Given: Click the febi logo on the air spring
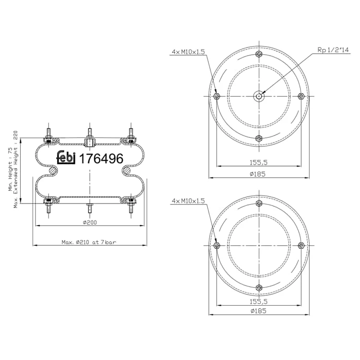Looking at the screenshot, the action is [66, 157].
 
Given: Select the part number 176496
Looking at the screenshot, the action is [101, 159].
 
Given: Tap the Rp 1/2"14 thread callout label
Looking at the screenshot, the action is [333, 50].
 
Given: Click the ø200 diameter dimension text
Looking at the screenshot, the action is [90, 222].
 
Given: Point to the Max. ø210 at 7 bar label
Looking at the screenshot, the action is [89, 242].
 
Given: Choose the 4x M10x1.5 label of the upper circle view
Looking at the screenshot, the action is [188, 52].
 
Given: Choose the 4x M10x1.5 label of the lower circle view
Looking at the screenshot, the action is [188, 201].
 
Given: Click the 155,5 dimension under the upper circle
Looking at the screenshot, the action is [259, 163].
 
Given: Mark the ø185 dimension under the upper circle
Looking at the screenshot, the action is [258, 174].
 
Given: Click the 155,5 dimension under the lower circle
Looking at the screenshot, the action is [259, 301].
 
